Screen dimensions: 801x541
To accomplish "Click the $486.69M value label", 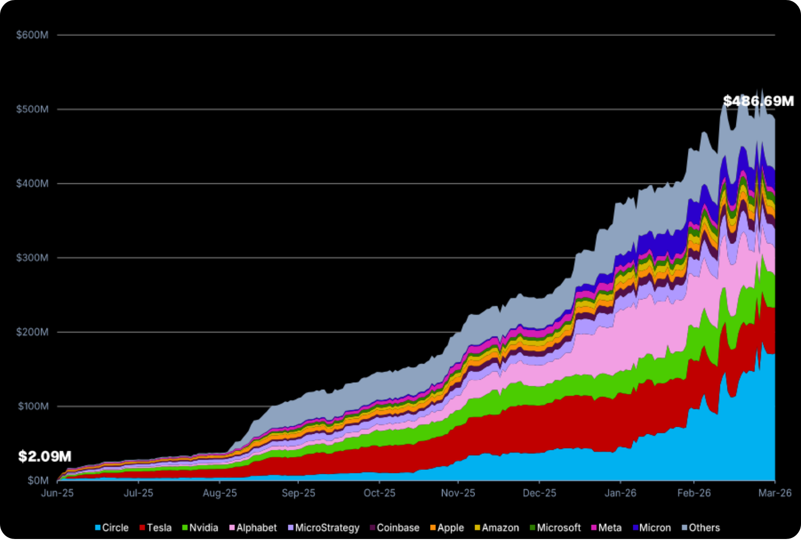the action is coord(758,101).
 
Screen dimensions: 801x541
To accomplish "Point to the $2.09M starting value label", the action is coord(45,456).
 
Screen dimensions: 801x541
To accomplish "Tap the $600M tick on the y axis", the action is coord(32,35).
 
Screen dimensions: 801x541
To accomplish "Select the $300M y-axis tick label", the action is coord(32,257).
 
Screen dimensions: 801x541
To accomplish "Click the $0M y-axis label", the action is coord(38,480).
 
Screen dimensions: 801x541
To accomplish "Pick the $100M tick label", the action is coord(33,406).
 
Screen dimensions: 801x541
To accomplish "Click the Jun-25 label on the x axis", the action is coord(57,493).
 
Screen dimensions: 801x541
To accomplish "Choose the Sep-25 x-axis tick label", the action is coord(298,493).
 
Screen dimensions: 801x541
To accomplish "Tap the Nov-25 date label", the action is coord(458,493).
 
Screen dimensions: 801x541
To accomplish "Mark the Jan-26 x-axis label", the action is coord(620,493).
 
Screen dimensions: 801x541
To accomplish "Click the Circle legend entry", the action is coord(112,528).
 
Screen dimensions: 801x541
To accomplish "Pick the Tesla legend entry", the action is coord(156,528).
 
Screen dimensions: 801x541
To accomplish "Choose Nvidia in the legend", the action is coord(200,528).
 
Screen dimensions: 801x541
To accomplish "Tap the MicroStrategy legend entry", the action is coord(323,528).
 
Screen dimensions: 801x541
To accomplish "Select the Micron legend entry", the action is coord(652,528).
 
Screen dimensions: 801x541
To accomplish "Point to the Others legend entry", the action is coord(701,528).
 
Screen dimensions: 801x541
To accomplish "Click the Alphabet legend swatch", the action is coord(232,528).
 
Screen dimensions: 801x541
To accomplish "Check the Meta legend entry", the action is coord(606,528).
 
